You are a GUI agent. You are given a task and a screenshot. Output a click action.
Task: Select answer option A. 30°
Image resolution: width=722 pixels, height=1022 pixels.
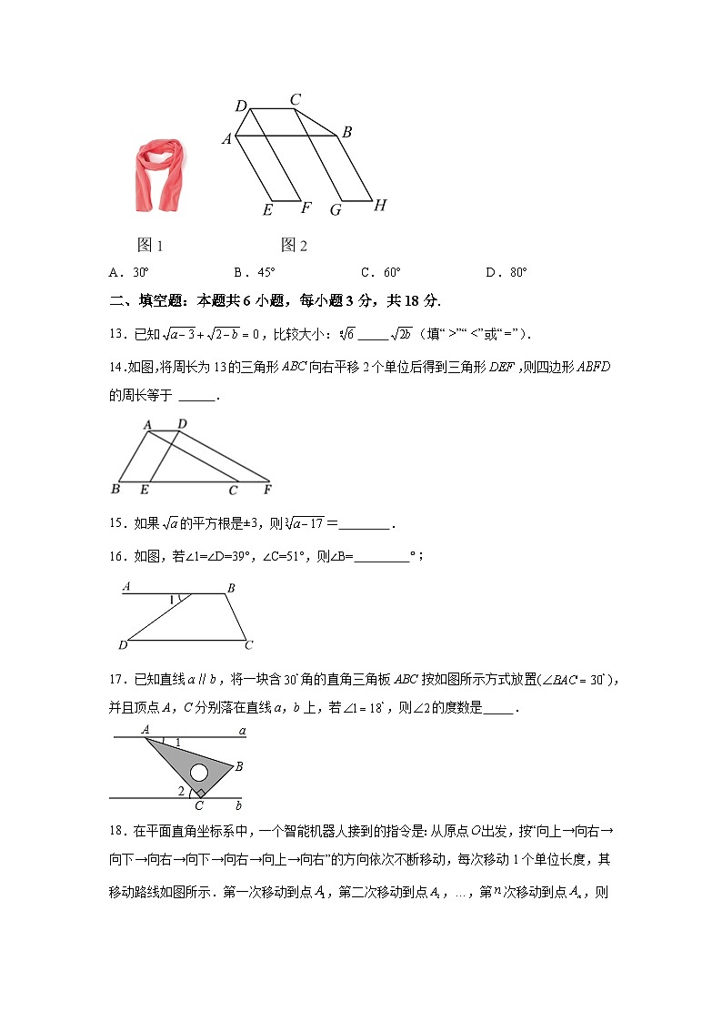pos(128,272)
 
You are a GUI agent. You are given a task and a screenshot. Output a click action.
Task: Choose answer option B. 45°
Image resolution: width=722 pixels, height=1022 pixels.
pos(254,272)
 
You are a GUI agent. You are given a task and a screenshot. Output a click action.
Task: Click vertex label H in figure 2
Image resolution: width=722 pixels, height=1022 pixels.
pos(380,206)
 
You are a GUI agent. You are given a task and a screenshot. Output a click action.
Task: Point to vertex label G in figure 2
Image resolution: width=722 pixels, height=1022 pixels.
pos(336,209)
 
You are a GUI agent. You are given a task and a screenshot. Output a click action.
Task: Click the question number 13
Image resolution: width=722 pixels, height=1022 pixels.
pos(116,334)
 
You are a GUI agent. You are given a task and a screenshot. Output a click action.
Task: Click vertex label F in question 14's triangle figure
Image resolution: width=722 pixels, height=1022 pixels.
pos(267,491)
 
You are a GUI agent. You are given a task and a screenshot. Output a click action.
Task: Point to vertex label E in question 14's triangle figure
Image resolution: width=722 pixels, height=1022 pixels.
pos(144,491)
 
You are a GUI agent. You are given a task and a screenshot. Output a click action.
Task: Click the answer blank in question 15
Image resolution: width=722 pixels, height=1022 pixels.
pos(366,524)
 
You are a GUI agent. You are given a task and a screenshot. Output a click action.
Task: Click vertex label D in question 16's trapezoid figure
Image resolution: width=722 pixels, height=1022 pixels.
pos(123,645)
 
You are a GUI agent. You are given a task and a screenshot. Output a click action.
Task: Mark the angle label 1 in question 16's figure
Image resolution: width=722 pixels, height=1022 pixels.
pos(172,600)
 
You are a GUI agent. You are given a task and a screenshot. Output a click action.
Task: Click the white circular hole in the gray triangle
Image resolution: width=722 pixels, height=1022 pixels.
pos(199,774)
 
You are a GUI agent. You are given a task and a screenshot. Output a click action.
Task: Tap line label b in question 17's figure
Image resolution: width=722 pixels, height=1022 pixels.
pos(238,804)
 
